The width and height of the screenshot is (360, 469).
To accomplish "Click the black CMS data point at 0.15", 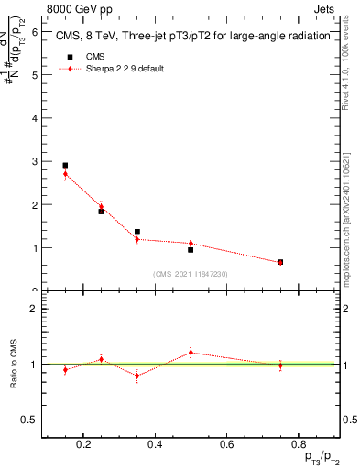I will click(x=65, y=166).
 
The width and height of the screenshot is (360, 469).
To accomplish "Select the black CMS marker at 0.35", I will click(x=137, y=232).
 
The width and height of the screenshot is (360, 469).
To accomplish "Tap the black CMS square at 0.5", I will click(x=191, y=249).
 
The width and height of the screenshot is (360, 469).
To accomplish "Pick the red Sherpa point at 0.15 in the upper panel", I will click(x=65, y=174).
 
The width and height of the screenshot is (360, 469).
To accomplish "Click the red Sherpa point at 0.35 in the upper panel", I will click(x=137, y=239).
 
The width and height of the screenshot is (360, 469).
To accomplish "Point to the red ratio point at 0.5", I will click(x=191, y=353).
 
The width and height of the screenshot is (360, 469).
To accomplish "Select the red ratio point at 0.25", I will click(x=101, y=359).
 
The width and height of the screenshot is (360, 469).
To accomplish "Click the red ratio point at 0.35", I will click(x=137, y=376).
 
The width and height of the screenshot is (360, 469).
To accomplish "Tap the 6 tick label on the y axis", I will click(x=34, y=32).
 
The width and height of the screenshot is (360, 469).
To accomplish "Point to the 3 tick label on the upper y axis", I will click(x=34, y=161).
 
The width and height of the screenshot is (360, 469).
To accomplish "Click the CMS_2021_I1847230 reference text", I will click(x=191, y=274).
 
